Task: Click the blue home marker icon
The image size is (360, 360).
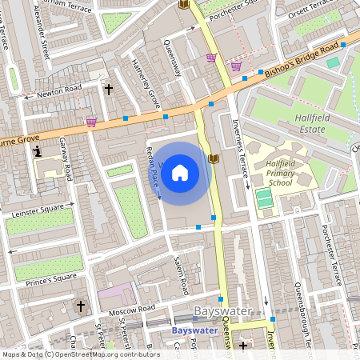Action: pos(180,173)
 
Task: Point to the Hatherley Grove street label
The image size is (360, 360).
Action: pos(146,84)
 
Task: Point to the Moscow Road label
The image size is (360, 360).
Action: pos(133,308)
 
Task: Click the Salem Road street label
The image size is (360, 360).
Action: pos(182,274)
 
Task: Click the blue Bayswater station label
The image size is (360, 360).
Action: pos(194,330)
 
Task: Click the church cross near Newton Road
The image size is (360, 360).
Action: pos(108,90)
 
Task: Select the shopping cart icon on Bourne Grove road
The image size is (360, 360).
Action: pos(91,122)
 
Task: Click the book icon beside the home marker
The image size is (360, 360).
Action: pos(213,158)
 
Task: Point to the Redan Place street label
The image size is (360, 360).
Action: pos(152,171)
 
